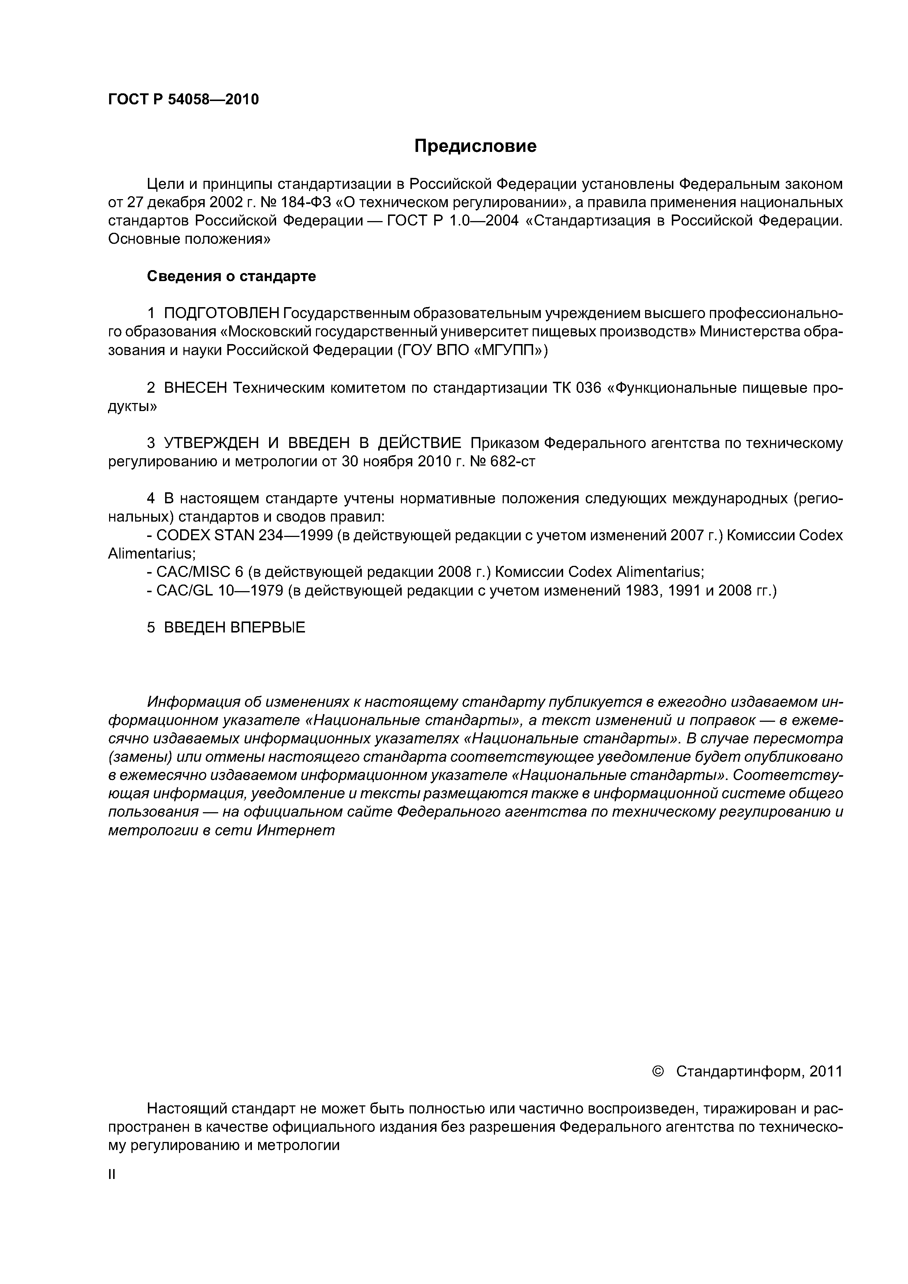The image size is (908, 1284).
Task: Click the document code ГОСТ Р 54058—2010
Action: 183,100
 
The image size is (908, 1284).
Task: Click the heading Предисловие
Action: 475,146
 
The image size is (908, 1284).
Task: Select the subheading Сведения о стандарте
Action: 231,276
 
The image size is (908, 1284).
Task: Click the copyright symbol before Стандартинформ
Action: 658,1071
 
